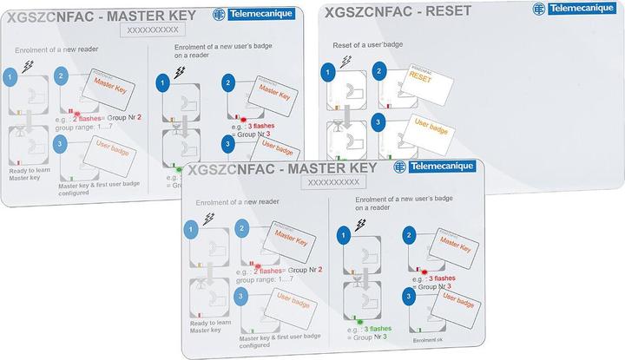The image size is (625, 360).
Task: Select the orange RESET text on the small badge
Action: tap(420, 77)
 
